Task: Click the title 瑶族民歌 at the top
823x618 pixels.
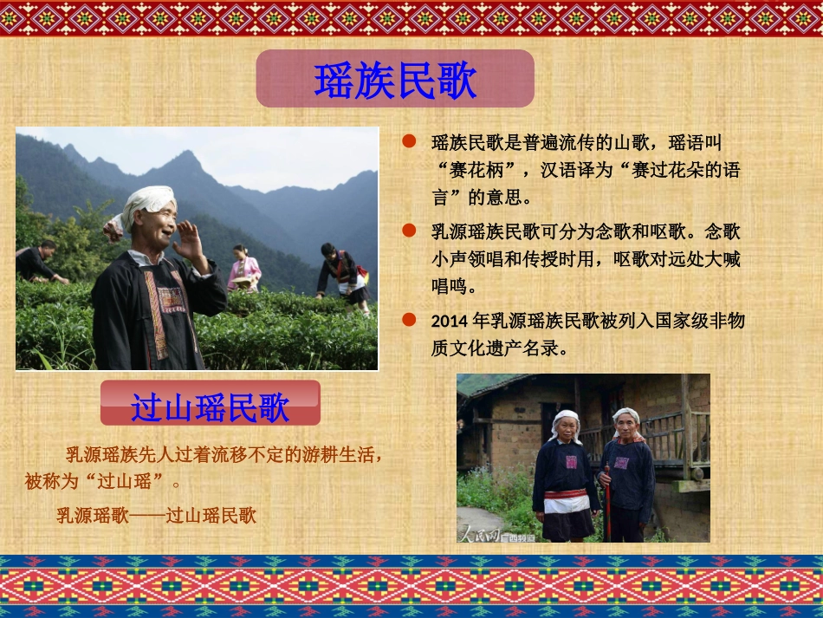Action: (x=395, y=80)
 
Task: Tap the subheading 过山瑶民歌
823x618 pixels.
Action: (x=210, y=406)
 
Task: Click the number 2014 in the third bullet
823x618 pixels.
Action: (x=450, y=321)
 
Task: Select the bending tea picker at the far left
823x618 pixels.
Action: (x=36, y=262)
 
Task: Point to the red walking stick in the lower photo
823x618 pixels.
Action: (x=607, y=503)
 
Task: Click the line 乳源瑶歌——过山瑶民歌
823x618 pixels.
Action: (x=157, y=516)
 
